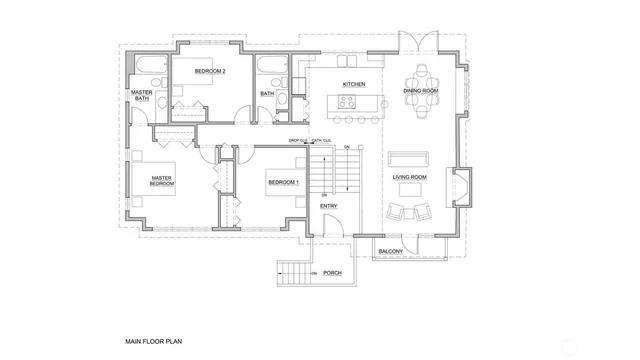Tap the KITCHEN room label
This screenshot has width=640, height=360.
353,84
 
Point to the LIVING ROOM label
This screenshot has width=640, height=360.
409,178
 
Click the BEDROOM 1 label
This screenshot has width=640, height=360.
283,183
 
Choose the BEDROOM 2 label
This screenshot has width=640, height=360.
210,72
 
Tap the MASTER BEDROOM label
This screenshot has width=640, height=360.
162,181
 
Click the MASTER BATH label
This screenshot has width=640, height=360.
141,95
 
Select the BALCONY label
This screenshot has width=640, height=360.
391,253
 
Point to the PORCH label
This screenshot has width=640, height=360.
333,272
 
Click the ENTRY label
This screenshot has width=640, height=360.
328,206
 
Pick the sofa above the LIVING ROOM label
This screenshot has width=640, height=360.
408,158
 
